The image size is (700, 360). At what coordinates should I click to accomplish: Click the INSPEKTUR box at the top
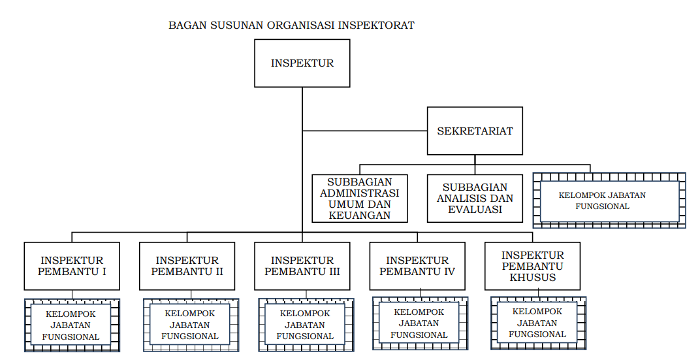click(302, 63)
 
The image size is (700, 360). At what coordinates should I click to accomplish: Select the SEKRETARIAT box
click(475, 131)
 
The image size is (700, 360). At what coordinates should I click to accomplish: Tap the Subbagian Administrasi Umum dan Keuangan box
click(360, 198)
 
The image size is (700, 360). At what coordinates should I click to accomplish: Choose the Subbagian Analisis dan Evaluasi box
click(475, 198)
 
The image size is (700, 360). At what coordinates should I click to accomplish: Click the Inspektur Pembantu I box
click(72, 266)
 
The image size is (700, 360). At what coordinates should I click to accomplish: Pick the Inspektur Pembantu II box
click(187, 266)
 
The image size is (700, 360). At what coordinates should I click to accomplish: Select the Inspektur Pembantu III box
click(302, 266)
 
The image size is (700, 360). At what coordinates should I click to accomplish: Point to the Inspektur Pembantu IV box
click(417, 266)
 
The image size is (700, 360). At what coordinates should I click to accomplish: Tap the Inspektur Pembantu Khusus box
click(532, 266)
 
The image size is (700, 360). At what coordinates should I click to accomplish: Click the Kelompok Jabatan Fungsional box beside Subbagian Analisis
click(609, 200)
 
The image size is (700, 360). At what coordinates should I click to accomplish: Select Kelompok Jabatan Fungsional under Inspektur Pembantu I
click(72, 325)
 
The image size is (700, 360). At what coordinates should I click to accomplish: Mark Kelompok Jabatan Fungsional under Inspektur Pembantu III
click(306, 325)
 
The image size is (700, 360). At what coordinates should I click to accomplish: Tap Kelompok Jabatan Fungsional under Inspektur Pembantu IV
click(420, 323)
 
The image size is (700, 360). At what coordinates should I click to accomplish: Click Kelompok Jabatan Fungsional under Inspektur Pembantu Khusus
click(538, 323)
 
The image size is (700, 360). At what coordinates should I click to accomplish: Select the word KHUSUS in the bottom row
click(533, 277)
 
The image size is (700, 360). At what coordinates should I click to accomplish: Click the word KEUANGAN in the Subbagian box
click(360, 215)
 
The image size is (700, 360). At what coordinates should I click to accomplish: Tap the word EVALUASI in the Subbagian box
click(475, 210)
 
